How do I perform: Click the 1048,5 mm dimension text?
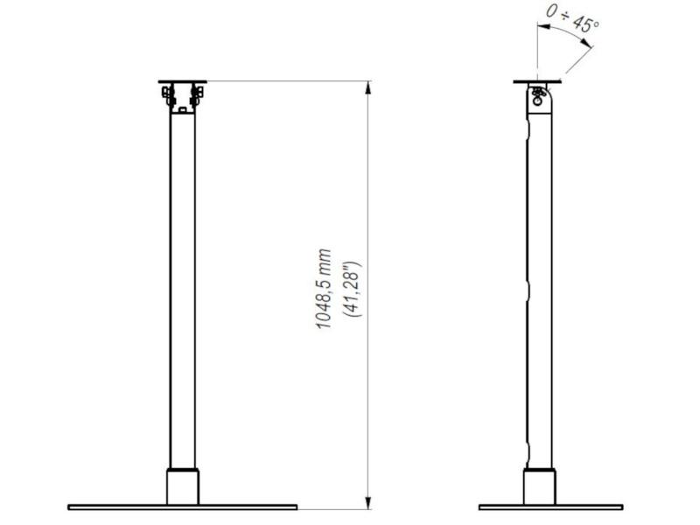pos(325,289)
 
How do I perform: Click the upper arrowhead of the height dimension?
pos(369,87)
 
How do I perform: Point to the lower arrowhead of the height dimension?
pos(369,500)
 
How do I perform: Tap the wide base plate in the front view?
pos(183,507)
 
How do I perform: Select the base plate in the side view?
pos(550,507)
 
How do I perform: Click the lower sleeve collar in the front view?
pos(183,487)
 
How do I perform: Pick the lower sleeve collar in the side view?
pos(539,487)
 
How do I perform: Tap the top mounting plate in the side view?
pos(535,83)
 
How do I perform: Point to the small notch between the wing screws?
pos(182,108)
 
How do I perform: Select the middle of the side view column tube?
pos(540,289)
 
